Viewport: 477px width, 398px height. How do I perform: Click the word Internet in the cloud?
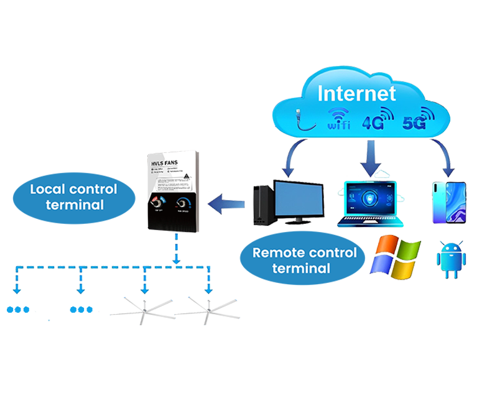click(356, 94)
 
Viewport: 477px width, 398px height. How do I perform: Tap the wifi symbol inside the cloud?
click(339, 119)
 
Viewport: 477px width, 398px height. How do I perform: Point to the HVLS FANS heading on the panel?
click(165, 162)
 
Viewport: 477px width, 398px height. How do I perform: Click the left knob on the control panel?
click(157, 203)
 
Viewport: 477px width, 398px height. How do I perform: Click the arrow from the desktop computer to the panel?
click(229, 202)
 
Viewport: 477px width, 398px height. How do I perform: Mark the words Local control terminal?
click(73, 196)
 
